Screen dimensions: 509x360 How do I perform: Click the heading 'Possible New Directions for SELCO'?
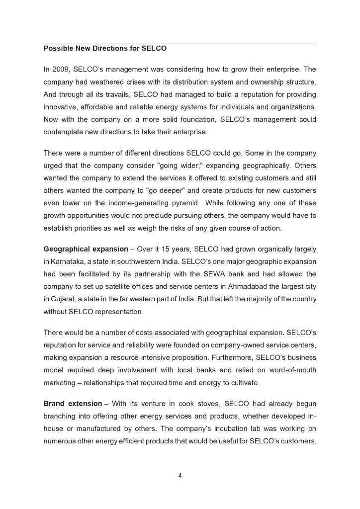(x=105, y=49)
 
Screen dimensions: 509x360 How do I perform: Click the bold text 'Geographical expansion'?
(x=86, y=249)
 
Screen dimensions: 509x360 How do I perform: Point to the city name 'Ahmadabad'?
(x=254, y=286)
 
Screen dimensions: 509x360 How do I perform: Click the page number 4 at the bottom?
(x=180, y=476)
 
